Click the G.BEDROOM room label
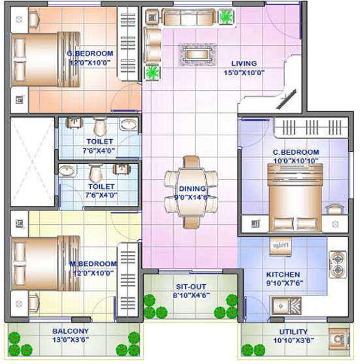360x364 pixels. click(x=90, y=54)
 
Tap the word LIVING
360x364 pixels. click(x=244, y=64)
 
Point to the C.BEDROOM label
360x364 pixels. click(x=295, y=152)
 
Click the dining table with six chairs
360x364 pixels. click(x=191, y=192)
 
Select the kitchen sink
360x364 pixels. click(x=286, y=305)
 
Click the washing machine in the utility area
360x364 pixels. click(x=339, y=339)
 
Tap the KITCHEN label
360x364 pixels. click(x=283, y=274)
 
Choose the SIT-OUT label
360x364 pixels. click(x=191, y=287)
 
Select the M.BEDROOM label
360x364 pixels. click(x=93, y=264)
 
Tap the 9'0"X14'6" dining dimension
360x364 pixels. click(x=191, y=196)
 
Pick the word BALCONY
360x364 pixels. click(x=71, y=331)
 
